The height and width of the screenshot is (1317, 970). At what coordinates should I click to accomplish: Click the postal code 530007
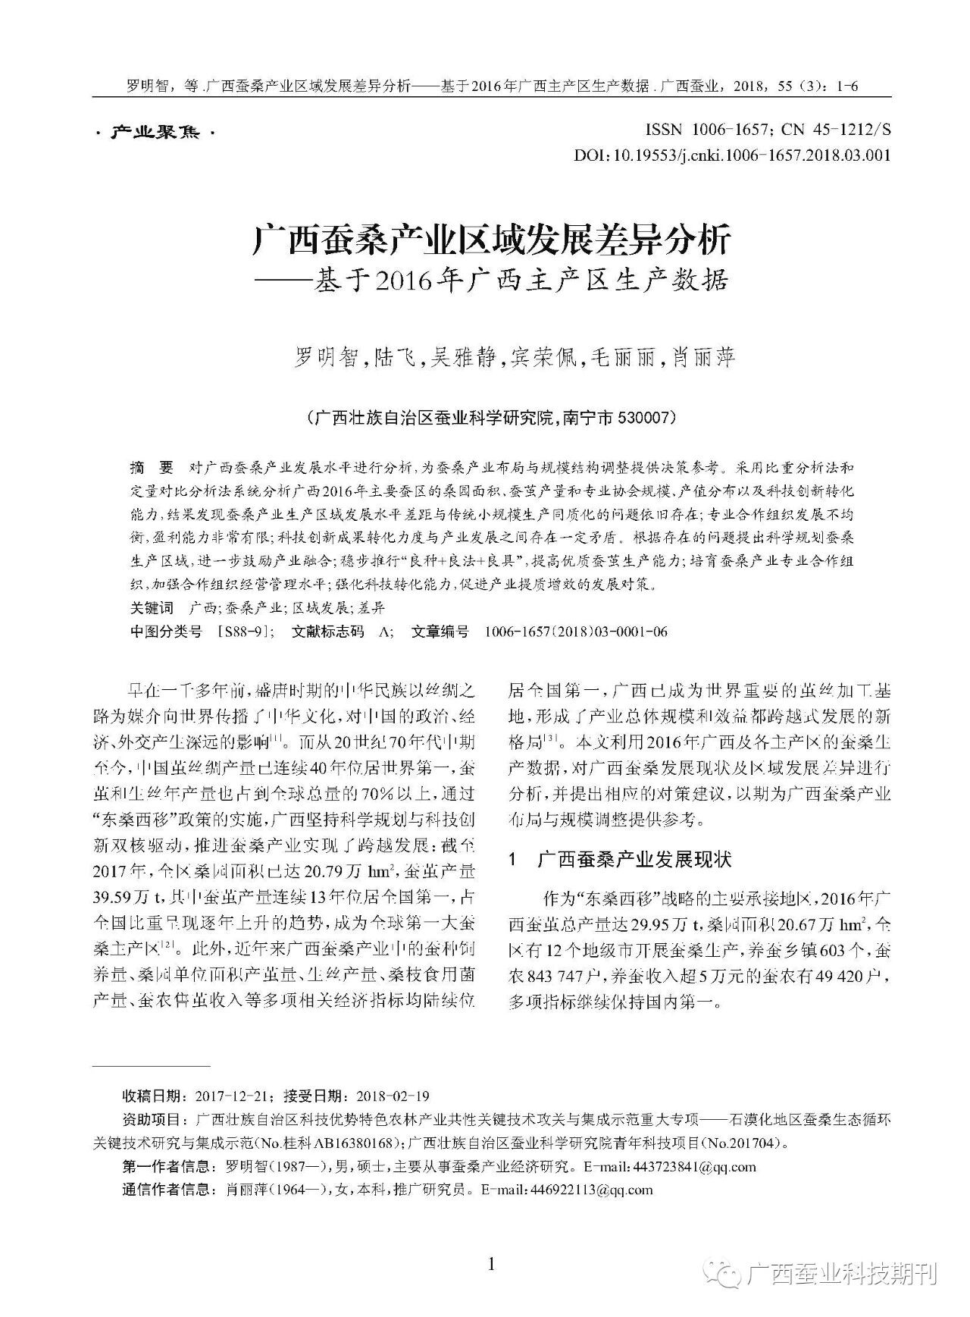pos(643,418)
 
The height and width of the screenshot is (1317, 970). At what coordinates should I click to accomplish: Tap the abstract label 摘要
pos(152,466)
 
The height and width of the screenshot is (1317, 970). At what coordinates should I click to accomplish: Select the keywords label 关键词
pos(152,608)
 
